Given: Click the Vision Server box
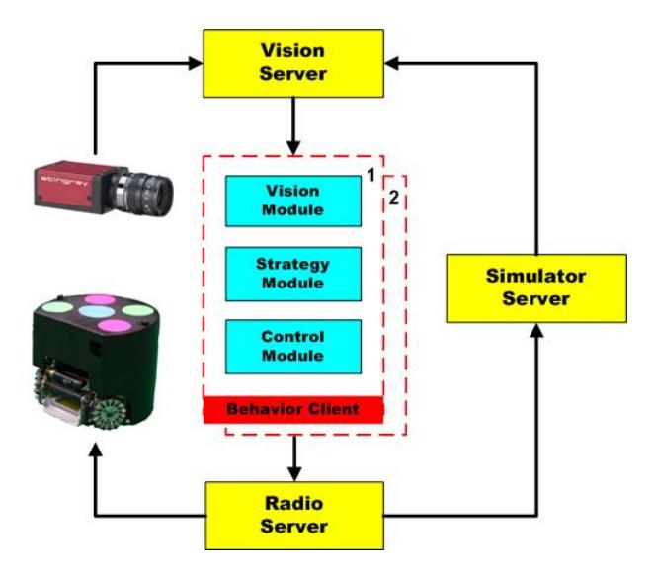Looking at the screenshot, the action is [293, 63].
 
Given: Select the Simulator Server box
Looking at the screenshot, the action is [536, 288].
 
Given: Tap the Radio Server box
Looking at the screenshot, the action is [294, 516].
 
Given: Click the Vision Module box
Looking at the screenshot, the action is [293, 202].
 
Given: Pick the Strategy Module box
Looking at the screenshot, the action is [293, 274].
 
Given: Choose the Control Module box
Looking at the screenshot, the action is [293, 347].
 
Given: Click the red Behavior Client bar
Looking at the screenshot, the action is [293, 410].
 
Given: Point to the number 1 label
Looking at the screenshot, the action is [371, 176].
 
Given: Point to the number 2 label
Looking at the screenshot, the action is [394, 198].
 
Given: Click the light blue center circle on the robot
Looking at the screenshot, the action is [97, 311].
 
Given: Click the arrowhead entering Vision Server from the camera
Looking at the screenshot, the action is [196, 63].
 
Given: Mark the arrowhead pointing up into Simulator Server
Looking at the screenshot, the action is [536, 330].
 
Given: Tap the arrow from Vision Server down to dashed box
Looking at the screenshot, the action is [293, 126].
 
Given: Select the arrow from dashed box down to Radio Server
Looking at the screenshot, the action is [294, 458].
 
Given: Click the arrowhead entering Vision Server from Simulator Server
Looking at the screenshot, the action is [391, 63].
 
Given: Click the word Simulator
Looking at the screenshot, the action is [536, 277].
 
